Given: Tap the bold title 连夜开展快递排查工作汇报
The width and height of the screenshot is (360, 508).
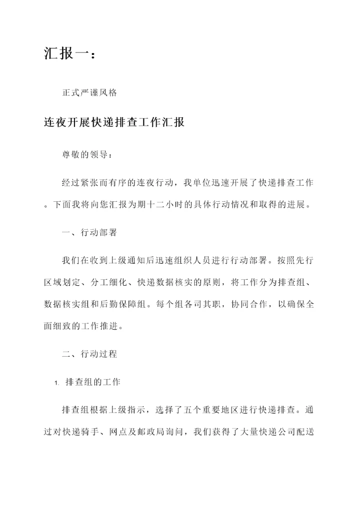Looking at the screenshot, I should pos(114,122).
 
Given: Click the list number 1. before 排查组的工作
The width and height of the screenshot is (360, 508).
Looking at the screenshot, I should pos(56,383).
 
